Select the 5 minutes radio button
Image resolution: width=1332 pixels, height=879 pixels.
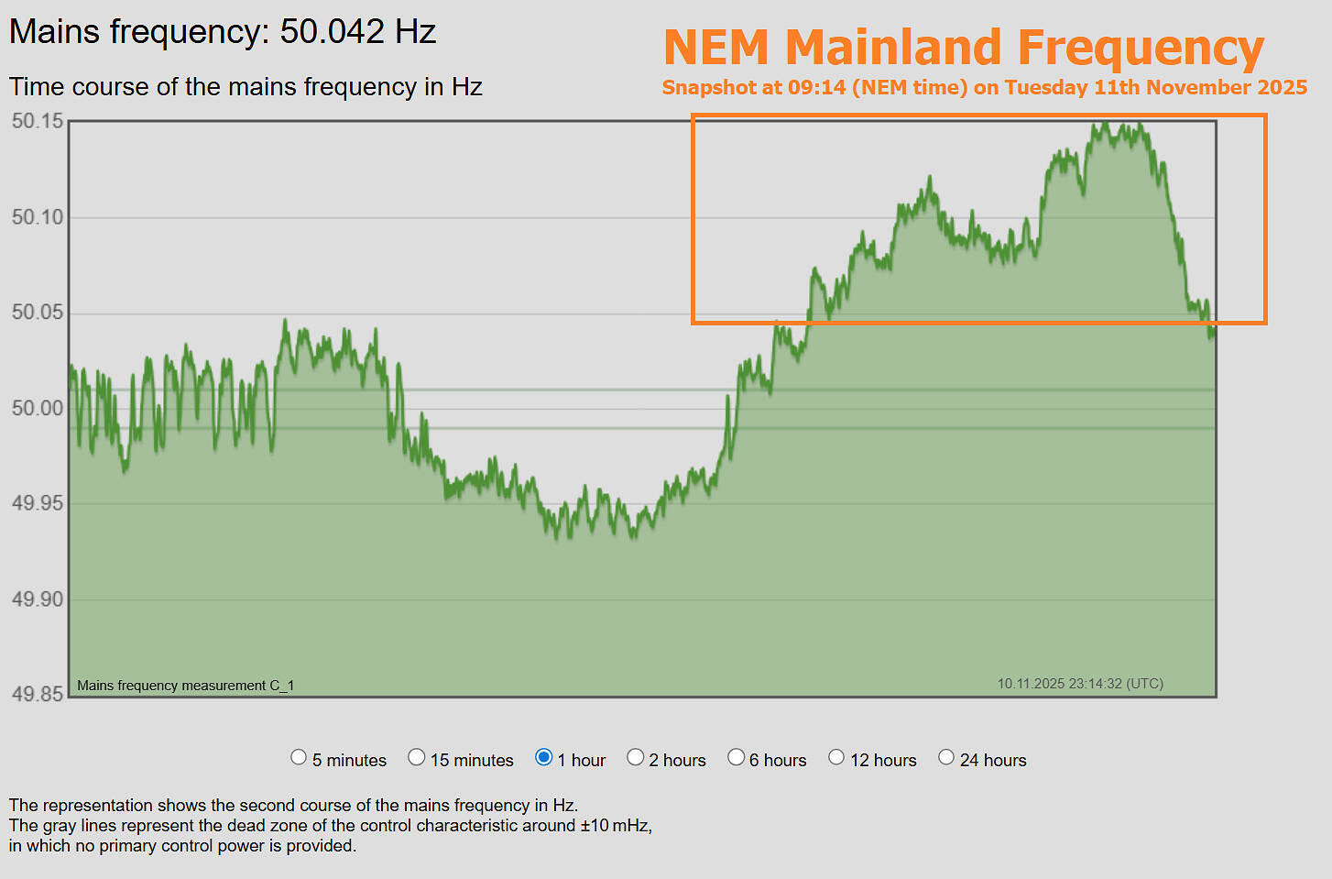(299, 757)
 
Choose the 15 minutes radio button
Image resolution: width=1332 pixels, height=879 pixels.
(417, 757)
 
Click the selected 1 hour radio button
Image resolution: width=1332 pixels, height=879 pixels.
(544, 757)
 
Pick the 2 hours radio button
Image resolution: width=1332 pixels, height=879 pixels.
(636, 757)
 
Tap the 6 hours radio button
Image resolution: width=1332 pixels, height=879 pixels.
(737, 757)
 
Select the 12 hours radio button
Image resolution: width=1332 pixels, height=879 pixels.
(836, 757)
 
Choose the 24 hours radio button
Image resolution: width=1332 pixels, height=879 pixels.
(946, 757)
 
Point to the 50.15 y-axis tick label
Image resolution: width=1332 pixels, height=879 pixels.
(38, 121)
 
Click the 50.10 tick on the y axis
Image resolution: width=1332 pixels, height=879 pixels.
(38, 217)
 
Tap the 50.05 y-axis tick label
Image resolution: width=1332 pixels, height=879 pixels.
(38, 313)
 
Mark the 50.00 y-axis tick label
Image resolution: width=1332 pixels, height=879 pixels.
(38, 408)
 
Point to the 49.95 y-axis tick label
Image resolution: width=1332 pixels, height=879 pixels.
(38, 503)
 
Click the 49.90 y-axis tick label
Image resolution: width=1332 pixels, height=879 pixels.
(38, 599)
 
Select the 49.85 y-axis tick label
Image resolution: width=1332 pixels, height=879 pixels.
(38, 694)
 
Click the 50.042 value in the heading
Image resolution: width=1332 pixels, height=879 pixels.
(333, 32)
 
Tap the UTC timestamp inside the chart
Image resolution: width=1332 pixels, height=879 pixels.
(1080, 684)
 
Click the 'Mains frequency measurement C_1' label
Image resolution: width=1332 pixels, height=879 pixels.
(185, 686)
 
